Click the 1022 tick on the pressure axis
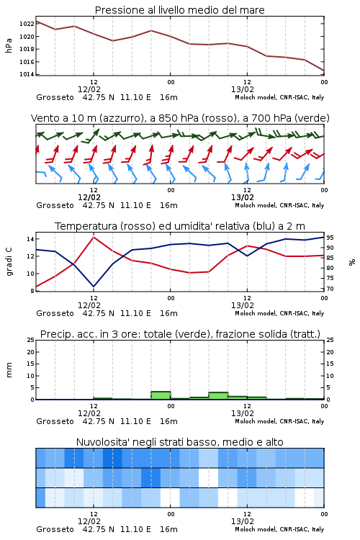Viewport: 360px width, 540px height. click(27, 24)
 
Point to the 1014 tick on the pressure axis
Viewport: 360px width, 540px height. click(27, 74)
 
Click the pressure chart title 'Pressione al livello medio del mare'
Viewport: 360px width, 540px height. click(180, 10)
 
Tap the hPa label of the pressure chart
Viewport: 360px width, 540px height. click(9, 45)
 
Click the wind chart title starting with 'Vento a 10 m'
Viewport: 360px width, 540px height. click(180, 118)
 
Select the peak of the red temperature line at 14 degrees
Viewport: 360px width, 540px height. click(94, 237)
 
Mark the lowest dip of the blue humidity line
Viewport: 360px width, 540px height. click(94, 286)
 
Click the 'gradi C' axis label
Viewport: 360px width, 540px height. click(9, 261)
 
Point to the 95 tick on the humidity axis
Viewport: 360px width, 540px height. click(330, 238)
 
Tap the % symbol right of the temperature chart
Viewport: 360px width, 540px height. click(352, 262)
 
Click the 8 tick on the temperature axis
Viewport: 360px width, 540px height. click(32, 291)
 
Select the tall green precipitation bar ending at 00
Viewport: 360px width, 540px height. click(161, 395)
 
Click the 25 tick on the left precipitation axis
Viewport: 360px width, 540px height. click(31, 340)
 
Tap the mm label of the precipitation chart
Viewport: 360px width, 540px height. click(9, 370)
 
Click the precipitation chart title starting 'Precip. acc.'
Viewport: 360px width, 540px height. click(180, 334)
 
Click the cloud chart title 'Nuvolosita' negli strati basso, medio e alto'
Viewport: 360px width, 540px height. click(180, 442)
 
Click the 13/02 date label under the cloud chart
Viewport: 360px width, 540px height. click(243, 521)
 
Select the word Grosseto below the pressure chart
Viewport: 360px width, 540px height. click(55, 97)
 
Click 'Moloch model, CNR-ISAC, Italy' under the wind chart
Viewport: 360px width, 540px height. click(279, 206)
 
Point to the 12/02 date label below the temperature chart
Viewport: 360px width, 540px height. click(89, 305)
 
